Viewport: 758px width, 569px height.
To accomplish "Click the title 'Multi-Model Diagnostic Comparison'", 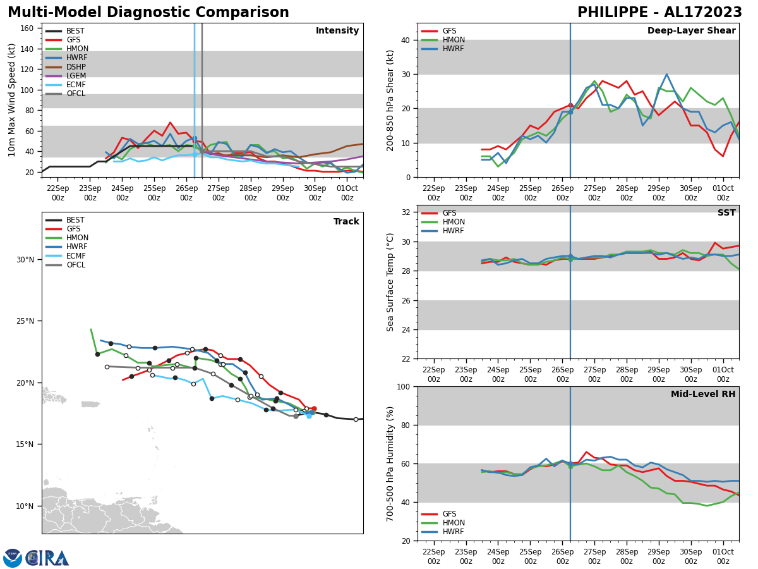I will point(148,13).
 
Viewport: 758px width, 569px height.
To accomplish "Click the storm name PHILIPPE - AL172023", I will point(659,13).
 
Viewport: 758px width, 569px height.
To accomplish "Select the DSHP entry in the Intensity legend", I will point(76,67).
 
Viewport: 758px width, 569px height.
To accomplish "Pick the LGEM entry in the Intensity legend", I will point(76,76).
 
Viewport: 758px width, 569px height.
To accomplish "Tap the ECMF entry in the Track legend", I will point(76,256).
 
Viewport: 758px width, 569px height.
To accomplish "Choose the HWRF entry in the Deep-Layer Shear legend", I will point(452,49).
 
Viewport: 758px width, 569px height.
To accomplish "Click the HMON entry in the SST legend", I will point(454,222).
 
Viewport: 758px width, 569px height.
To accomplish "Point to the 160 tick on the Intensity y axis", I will point(28,28).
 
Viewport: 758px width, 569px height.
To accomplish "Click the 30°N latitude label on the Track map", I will point(25,260).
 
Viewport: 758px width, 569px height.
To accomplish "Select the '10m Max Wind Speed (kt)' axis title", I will point(12,100).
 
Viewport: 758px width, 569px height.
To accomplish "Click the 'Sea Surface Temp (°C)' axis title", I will point(390,282).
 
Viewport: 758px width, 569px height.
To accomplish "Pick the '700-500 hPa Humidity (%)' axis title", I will point(390,463).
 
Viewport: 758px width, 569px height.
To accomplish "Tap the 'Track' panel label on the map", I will point(346,222).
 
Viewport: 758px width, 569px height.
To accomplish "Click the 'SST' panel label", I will point(726,213).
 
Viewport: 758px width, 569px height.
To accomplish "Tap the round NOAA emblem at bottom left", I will point(13,558).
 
